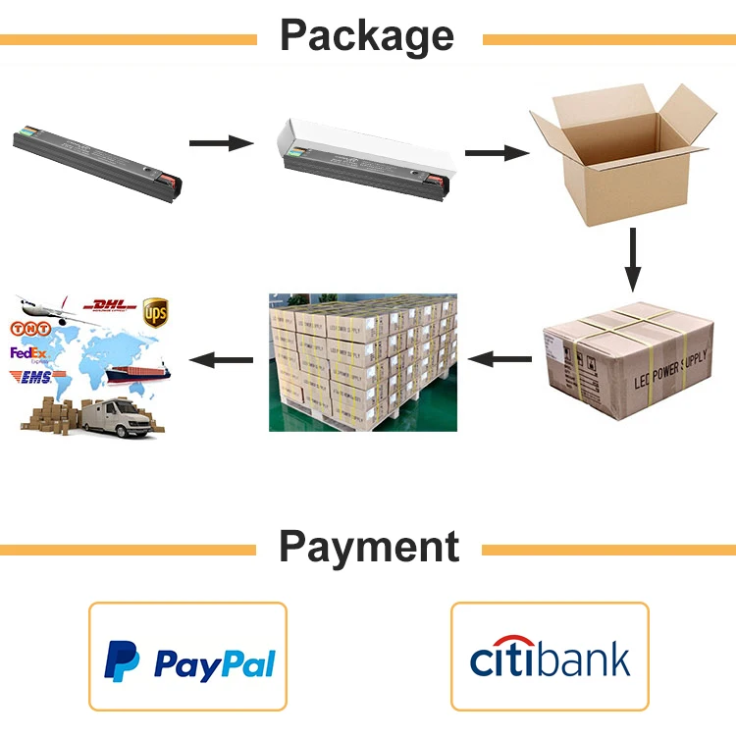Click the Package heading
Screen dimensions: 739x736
[368, 35]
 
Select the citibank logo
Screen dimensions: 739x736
[550, 659]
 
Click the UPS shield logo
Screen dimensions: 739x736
[155, 313]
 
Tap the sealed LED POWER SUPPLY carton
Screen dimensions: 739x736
[628, 358]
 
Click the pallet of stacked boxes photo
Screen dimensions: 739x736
[363, 361]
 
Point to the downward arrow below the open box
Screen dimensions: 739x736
[634, 259]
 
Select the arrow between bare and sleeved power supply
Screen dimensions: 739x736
[221, 143]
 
